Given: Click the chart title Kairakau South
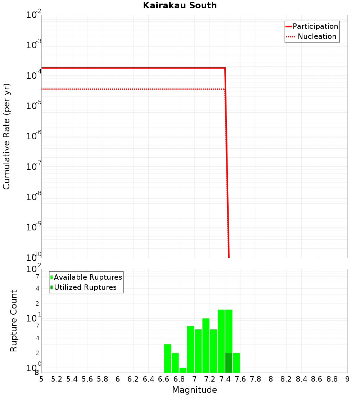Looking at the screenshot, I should pyautogui.click(x=180, y=5).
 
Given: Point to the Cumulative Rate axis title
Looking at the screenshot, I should pyautogui.click(x=6, y=136).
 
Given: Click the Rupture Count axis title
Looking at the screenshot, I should pyautogui.click(x=14, y=321).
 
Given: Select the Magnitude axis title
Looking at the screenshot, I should pyautogui.click(x=194, y=390).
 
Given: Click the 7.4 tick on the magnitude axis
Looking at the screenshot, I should pyautogui.click(x=225, y=379).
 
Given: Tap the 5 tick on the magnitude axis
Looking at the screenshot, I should pyautogui.click(x=41, y=379).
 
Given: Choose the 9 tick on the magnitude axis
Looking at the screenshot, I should pyautogui.click(x=347, y=379).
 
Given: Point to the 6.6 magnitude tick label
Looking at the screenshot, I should pyautogui.click(x=164, y=379).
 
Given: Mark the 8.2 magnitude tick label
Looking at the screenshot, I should pyautogui.click(x=286, y=379).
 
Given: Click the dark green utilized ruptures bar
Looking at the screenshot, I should pyautogui.click(x=229, y=363).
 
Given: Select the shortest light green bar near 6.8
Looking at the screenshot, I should pyautogui.click(x=183, y=370).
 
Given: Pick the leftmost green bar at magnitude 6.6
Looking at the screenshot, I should pyautogui.click(x=167, y=358).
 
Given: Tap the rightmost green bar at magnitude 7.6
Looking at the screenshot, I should pyautogui.click(x=236, y=363).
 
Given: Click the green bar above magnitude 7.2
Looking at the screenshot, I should pyautogui.click(x=206, y=346).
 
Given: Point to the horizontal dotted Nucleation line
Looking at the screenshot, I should pyautogui.click(x=133, y=89).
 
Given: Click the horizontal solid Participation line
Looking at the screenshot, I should pyautogui.click(x=133, y=68).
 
